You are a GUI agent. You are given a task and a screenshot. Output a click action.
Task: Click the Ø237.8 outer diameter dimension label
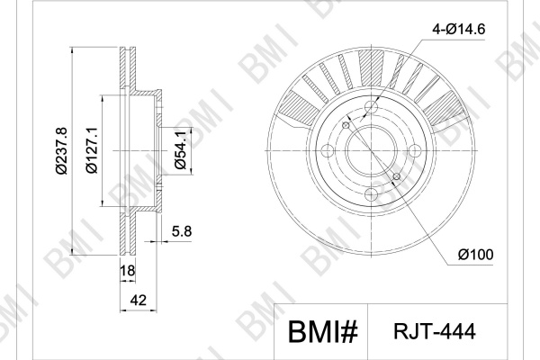tap(61, 151)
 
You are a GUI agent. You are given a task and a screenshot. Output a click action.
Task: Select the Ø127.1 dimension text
tap(92, 150)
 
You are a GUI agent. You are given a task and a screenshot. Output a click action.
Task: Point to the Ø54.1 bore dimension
tap(181, 150)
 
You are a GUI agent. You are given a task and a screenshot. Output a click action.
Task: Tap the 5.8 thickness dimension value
tap(182, 231)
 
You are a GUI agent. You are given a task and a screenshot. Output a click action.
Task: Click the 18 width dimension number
tap(128, 271)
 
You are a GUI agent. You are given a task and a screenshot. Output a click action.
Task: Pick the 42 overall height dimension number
tap(138, 301)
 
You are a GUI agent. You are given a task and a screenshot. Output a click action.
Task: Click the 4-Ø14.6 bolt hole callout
tap(459, 30)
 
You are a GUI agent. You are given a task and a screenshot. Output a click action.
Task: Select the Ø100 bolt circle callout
tap(475, 255)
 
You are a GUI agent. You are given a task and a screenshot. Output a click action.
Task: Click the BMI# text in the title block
tap(323, 332)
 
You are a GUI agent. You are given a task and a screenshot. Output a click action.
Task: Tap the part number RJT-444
tap(435, 331)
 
